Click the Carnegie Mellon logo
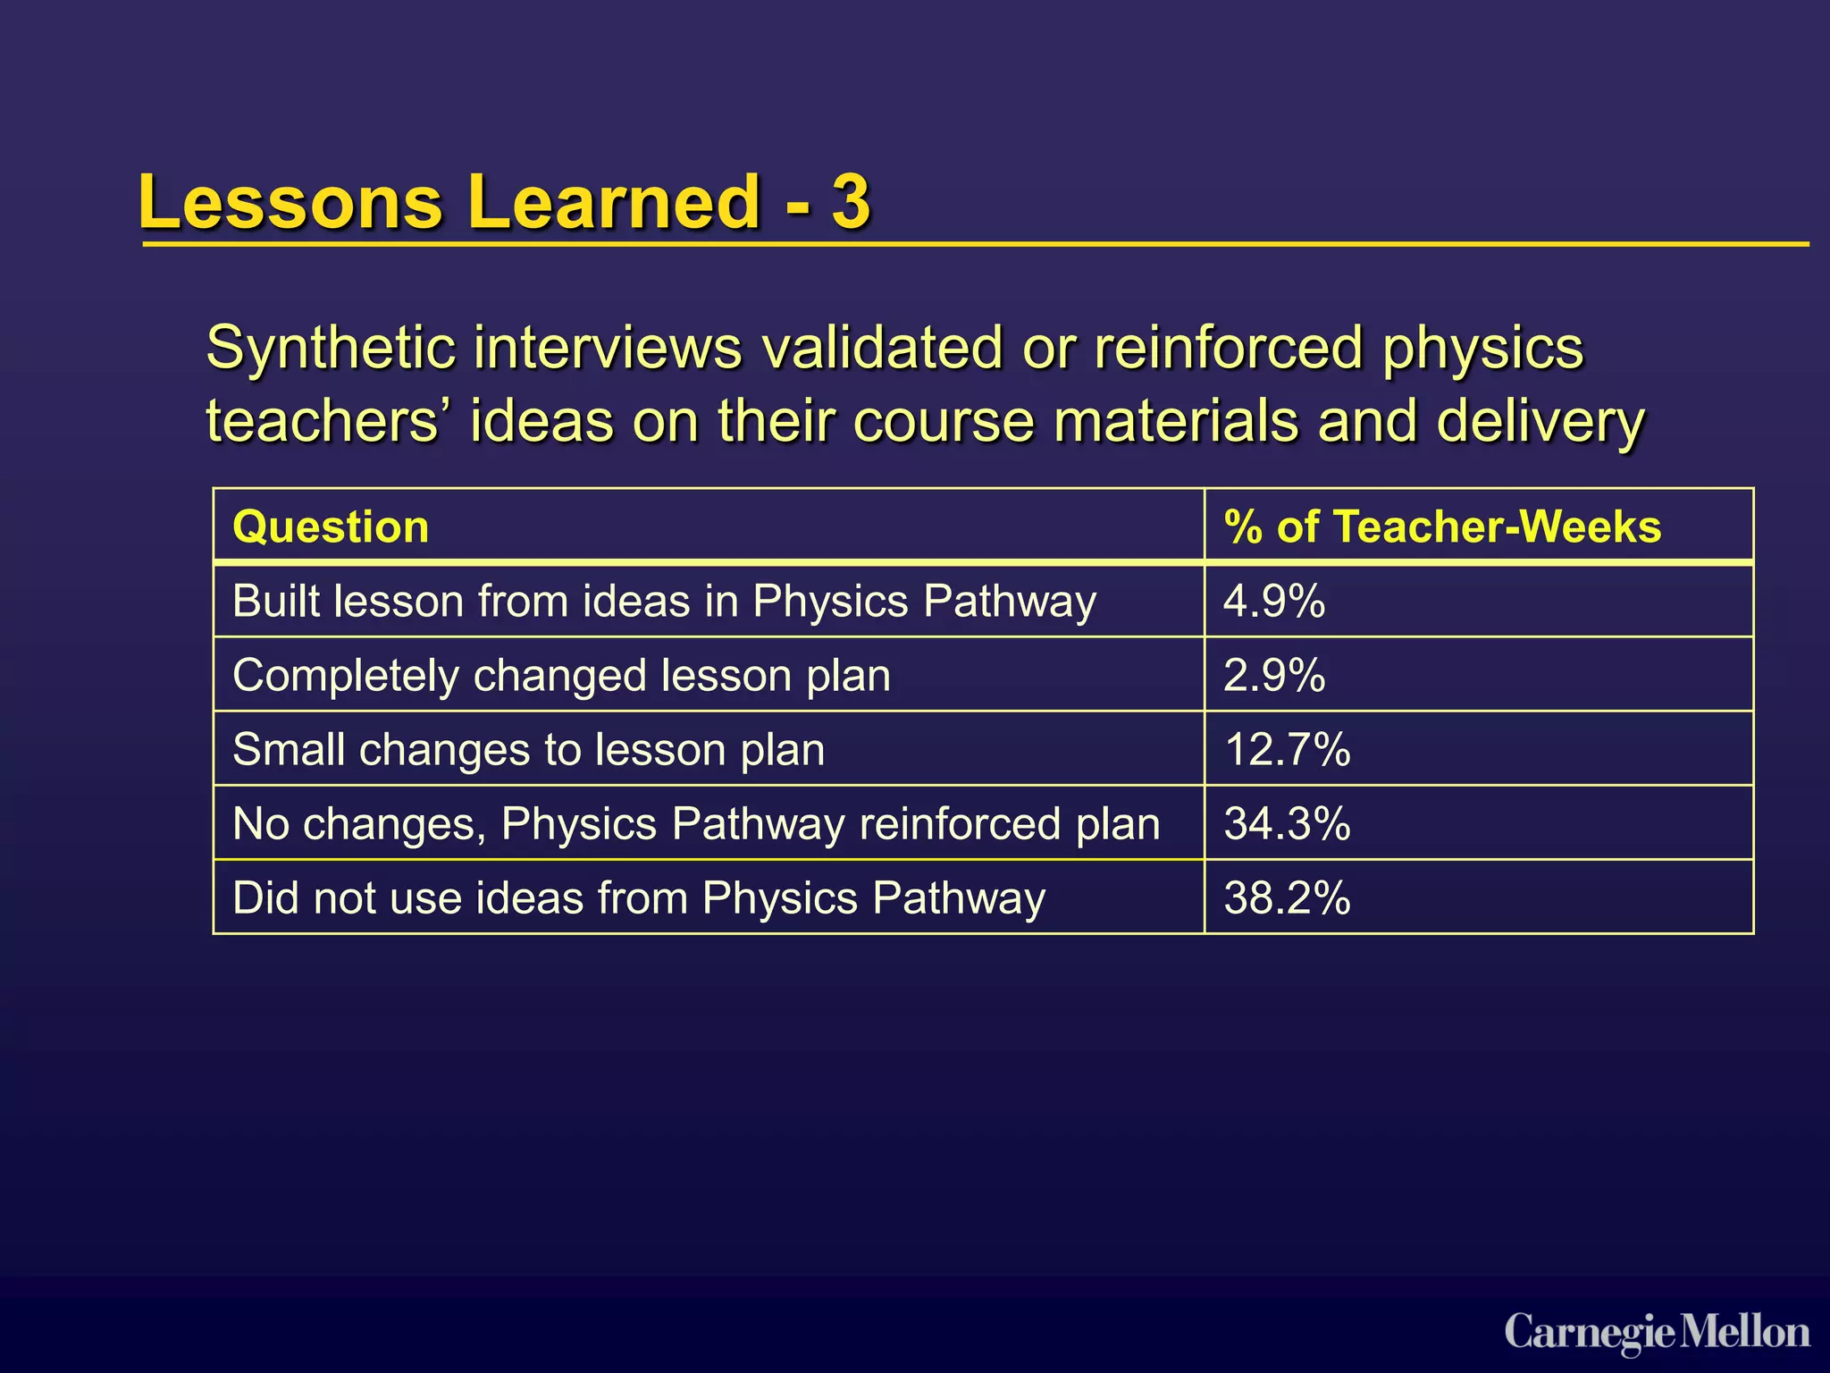[1657, 1333]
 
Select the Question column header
[331, 526]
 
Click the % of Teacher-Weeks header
[1441, 526]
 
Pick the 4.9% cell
[1273, 601]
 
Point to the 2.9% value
[1273, 675]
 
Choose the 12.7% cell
[1286, 749]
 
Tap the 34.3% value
[1286, 823]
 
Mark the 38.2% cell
[1286, 897]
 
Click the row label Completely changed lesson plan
[561, 675]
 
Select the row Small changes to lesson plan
[528, 749]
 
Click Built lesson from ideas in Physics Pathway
[664, 601]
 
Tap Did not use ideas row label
[638, 897]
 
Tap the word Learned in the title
[612, 201]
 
